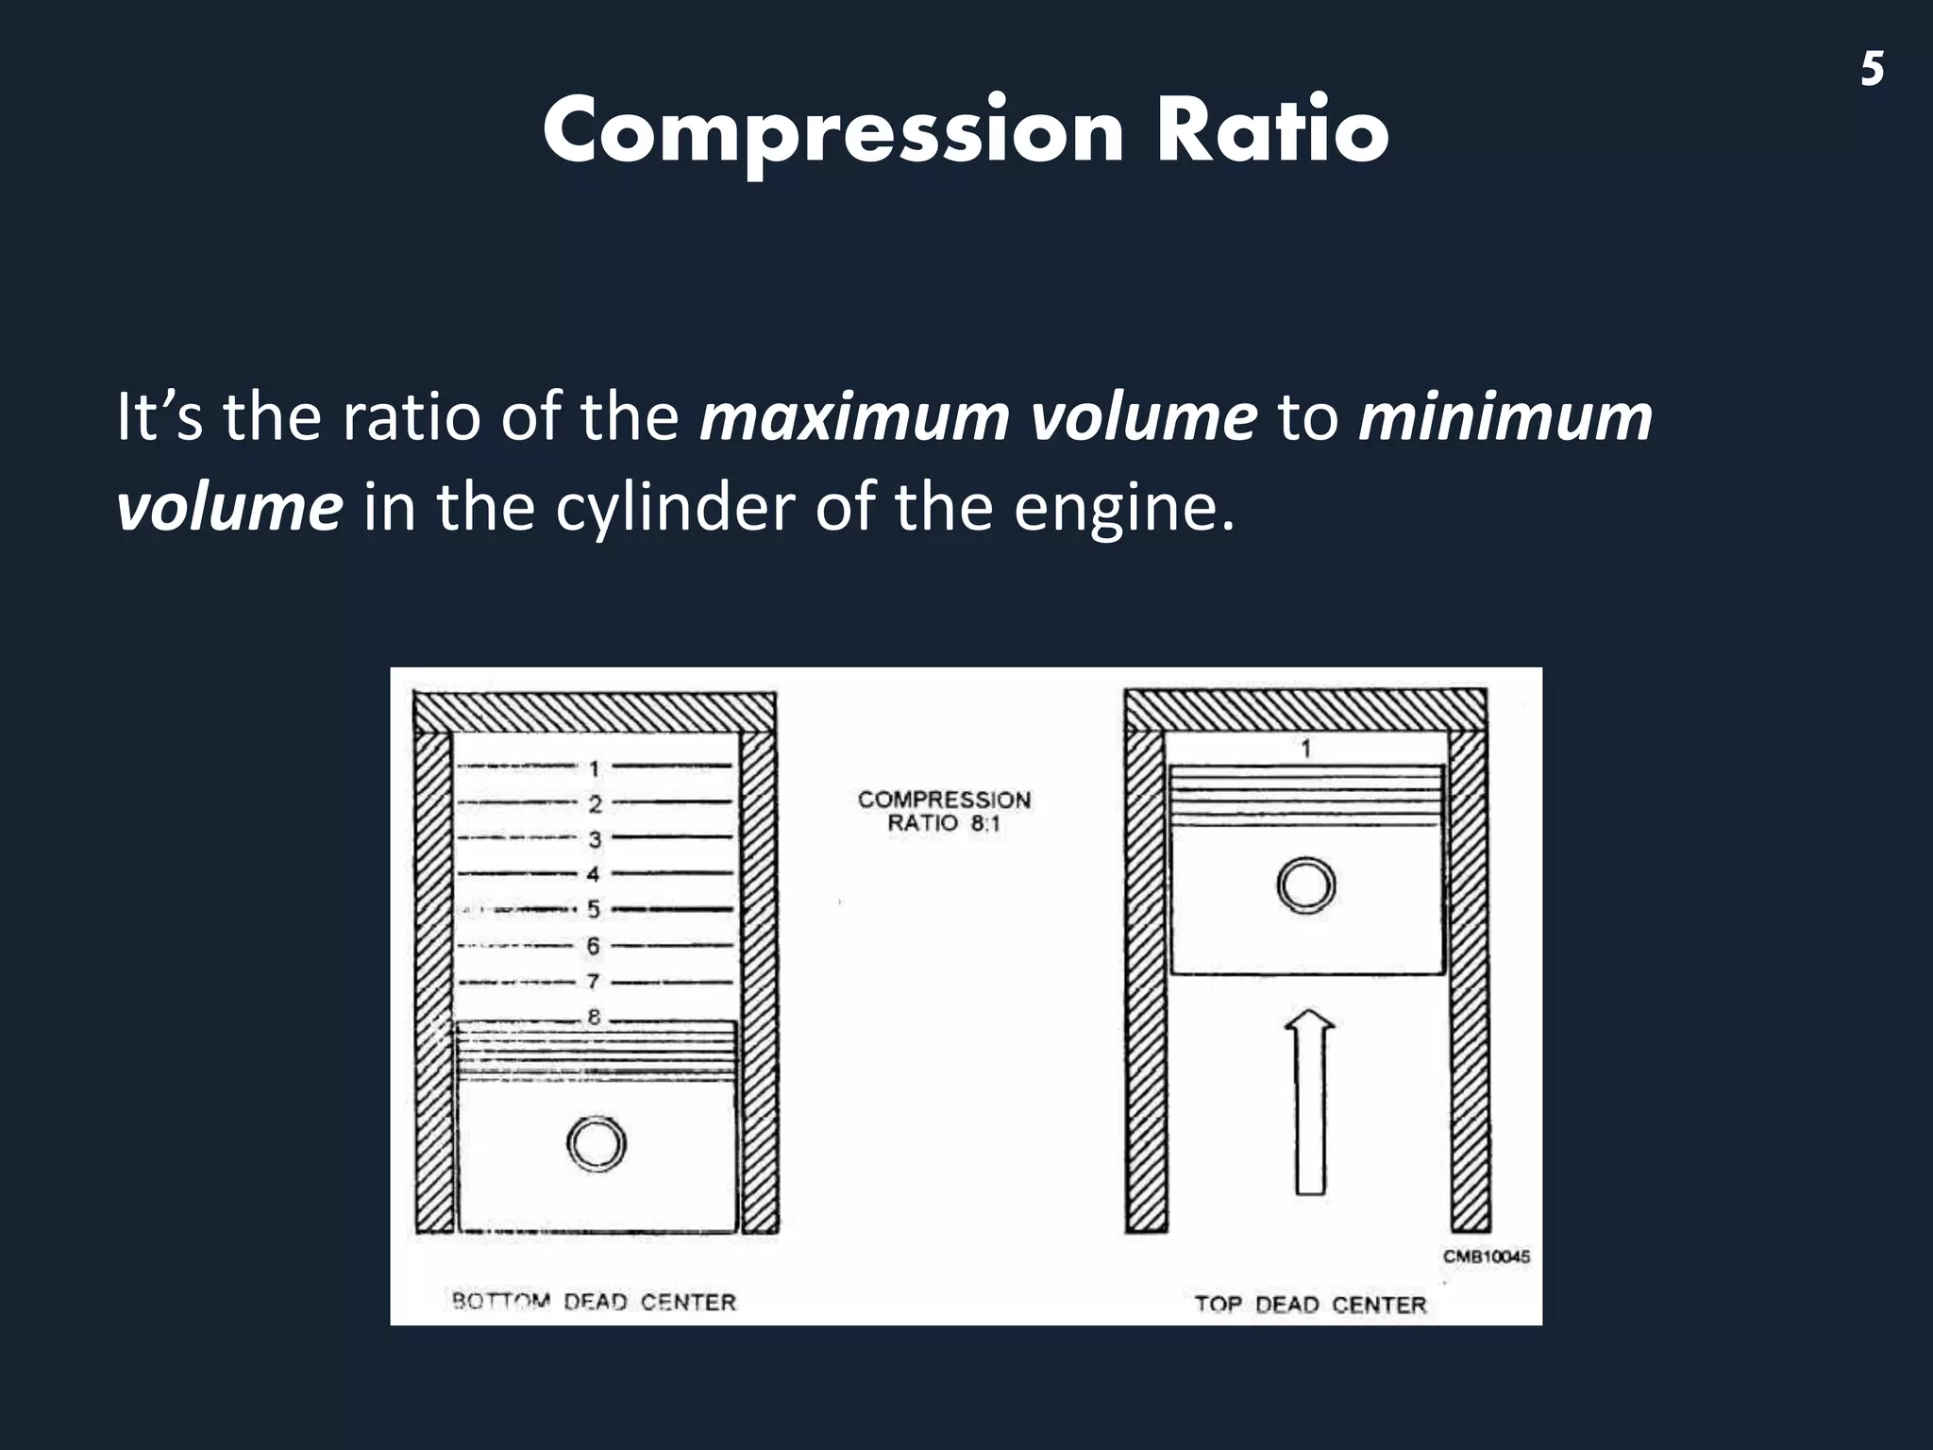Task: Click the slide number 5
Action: tap(1873, 70)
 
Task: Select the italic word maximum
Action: tap(854, 417)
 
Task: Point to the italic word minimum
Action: tap(1505, 417)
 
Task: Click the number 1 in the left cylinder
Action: tap(595, 769)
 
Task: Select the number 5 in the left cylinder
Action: tap(594, 910)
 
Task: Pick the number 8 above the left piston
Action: tap(595, 1018)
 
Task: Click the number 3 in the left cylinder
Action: tap(595, 839)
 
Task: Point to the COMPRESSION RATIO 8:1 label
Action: tap(944, 811)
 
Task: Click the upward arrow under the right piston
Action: tap(1309, 1104)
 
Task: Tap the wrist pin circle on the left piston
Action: tap(597, 1144)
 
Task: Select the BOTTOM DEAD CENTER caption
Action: tap(594, 1303)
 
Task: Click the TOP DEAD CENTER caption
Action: tap(1310, 1305)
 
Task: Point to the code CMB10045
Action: tap(1486, 1256)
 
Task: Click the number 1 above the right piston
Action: tap(1306, 749)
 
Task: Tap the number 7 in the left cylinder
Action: tap(594, 982)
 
